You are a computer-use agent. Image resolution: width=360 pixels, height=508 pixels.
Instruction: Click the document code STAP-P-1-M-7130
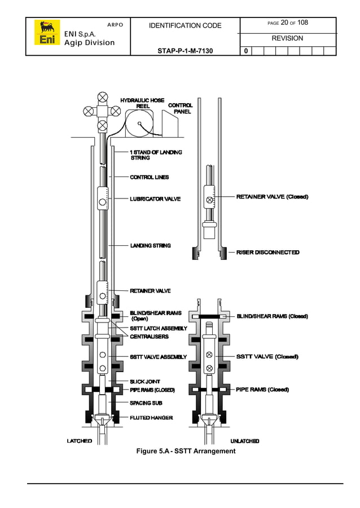point(185,51)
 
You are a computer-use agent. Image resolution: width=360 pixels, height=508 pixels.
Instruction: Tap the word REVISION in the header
point(287,38)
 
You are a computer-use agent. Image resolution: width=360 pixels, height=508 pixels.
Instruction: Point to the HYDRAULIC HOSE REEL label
point(142,103)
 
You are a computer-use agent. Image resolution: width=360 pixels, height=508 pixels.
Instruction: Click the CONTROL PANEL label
point(181,108)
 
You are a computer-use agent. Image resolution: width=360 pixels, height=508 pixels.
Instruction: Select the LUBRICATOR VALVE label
point(155,199)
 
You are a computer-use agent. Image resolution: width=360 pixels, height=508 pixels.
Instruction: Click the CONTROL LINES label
point(150,177)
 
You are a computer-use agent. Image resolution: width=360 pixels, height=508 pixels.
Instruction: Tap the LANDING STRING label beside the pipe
point(151,245)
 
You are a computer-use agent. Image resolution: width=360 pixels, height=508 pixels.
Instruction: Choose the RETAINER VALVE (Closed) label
point(272,197)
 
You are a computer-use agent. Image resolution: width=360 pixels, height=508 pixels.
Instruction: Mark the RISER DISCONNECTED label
point(267,252)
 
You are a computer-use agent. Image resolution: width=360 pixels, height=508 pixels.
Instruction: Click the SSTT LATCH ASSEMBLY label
point(159,328)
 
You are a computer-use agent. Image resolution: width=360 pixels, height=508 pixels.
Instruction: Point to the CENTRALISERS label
point(150,337)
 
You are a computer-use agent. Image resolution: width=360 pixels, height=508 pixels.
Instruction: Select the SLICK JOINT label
point(145,382)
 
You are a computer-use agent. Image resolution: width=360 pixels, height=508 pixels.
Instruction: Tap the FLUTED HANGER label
point(151,418)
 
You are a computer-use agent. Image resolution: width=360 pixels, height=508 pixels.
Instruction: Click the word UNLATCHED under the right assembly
point(245,440)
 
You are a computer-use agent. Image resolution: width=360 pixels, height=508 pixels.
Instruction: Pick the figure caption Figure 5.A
point(186,451)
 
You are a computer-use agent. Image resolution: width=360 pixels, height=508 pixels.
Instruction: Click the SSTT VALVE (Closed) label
point(267,356)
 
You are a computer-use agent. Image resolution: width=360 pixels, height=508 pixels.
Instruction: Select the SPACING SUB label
point(146,403)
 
